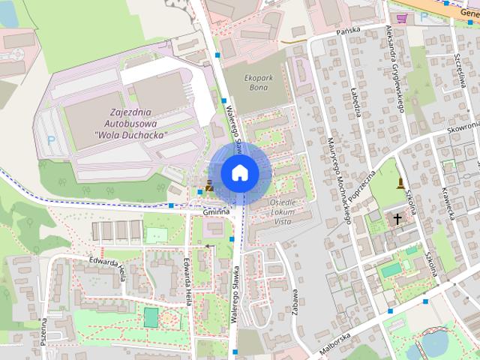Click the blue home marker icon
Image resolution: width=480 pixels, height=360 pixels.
click(239, 173)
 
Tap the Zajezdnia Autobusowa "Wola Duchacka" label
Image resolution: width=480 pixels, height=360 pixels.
click(131, 123)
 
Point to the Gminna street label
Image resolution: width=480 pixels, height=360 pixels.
click(215, 214)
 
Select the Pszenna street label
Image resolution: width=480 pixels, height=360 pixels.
click(44, 329)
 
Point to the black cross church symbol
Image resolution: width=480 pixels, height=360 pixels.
click(396, 219)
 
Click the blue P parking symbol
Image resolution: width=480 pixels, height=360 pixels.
click(51, 139)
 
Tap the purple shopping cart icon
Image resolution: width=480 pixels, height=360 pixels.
click(402, 18)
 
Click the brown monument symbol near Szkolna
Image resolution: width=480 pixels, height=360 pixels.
click(401, 184)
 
